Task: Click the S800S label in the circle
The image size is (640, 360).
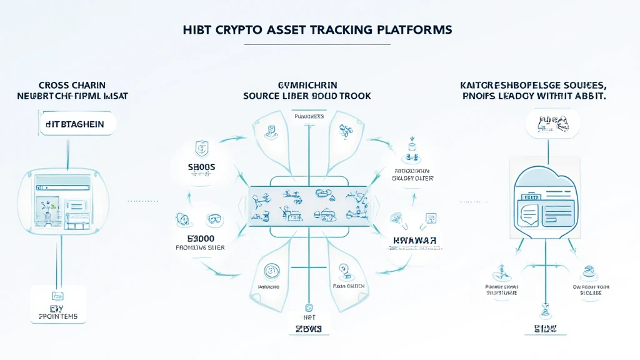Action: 201,167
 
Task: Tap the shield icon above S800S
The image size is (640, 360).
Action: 202,148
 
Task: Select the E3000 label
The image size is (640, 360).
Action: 201,239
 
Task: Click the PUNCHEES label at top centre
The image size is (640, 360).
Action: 308,116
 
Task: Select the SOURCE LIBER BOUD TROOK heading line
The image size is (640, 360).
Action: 307,96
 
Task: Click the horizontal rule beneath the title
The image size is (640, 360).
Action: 317,44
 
